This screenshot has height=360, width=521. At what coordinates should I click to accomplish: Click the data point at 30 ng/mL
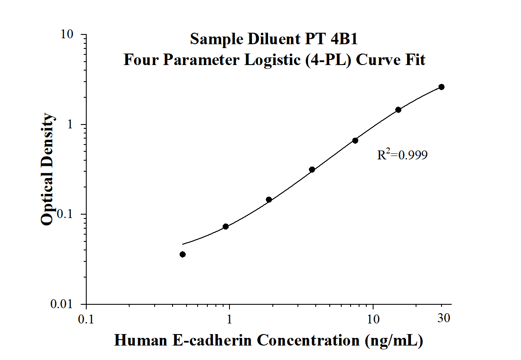coord(442,87)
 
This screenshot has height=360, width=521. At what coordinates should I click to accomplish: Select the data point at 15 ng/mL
coord(398,110)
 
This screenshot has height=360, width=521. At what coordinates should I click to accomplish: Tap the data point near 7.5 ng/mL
coord(355,140)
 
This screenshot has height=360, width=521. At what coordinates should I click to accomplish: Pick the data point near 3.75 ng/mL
coord(312,169)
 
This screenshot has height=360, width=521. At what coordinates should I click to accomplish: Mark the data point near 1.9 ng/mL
coord(269,199)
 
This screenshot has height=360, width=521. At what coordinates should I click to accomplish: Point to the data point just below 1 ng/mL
coord(226,227)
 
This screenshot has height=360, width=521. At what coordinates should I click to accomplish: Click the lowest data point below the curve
coord(183,254)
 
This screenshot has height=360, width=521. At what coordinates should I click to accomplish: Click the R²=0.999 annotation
coord(402,155)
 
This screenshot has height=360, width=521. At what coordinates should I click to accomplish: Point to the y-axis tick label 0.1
coord(67,215)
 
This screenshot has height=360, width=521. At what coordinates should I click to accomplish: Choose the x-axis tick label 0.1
coord(86,319)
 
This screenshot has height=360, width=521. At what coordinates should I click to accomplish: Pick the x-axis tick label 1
coord(230,319)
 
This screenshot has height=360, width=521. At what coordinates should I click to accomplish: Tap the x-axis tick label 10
coord(373,319)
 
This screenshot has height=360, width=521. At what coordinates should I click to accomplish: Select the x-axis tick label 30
coord(444,318)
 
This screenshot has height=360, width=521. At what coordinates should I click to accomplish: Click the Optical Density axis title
coord(48,169)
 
